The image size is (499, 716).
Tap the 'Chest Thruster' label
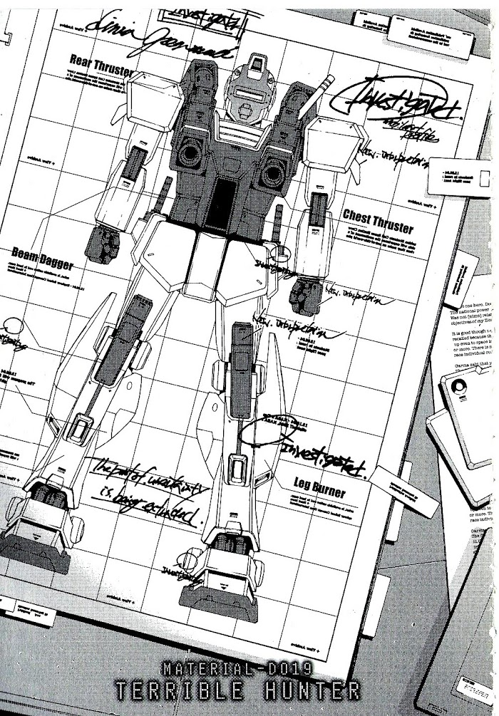point(377,221)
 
